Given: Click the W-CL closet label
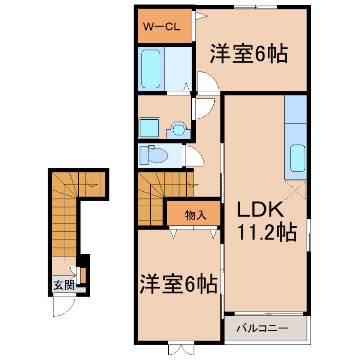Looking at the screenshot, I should point(162,26).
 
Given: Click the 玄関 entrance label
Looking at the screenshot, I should point(63,285).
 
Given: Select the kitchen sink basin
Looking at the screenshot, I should point(297,158).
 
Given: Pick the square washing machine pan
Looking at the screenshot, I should point(149,128).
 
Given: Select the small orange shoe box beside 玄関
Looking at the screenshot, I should point(83,275).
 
